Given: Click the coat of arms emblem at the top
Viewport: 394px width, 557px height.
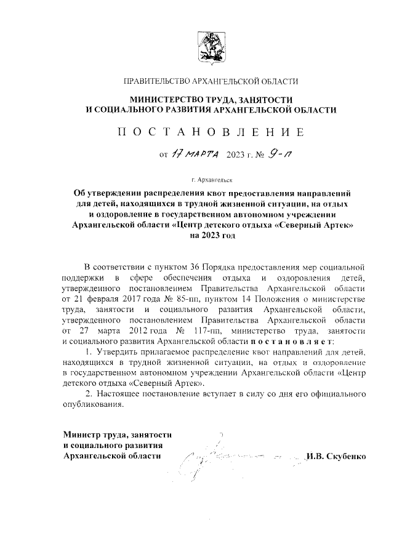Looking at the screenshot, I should click(211, 48).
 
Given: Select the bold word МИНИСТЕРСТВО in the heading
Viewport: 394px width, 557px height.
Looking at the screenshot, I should click(168, 99).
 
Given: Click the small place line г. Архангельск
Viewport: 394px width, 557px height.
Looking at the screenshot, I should click(211, 180).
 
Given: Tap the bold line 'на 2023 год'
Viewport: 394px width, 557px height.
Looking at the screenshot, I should click(212, 235).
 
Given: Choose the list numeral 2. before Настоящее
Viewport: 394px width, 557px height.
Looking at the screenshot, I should click(88, 395).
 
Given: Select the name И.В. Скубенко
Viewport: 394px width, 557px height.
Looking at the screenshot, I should click(337, 456).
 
